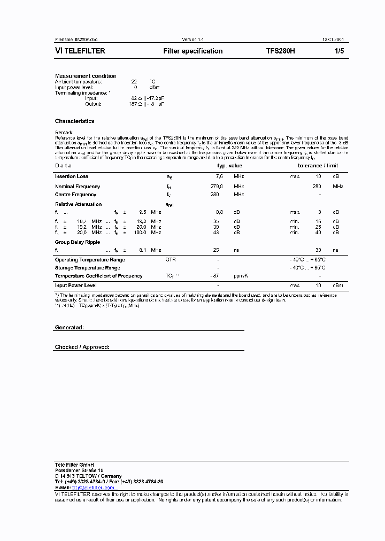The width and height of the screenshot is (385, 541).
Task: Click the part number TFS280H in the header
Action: coord(280,51)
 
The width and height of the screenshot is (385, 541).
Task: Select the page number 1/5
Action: coord(339,51)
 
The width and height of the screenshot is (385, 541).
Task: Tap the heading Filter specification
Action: coord(192,51)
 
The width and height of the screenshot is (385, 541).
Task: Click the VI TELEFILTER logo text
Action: coord(80,51)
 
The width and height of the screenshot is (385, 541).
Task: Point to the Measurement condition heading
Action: coord(86,76)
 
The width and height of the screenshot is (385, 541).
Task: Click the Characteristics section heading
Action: coord(74,121)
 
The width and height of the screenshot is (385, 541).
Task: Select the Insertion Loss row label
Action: coord(72,176)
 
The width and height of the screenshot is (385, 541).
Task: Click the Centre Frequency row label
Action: coord(75,195)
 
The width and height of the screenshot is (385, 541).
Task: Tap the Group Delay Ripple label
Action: coord(78,242)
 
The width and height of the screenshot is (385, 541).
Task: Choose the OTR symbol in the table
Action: coord(171,259)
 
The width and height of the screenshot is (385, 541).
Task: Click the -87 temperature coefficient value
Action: coord(216,276)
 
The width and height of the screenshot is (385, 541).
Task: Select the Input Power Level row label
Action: coord(75,285)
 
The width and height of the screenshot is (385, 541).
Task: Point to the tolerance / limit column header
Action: coord(318,166)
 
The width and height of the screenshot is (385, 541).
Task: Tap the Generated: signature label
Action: coord(69,327)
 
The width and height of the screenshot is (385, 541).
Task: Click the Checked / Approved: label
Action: coord(82,347)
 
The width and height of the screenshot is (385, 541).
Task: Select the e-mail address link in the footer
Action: coord(94,488)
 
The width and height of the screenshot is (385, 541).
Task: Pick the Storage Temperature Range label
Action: coord(87,268)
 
